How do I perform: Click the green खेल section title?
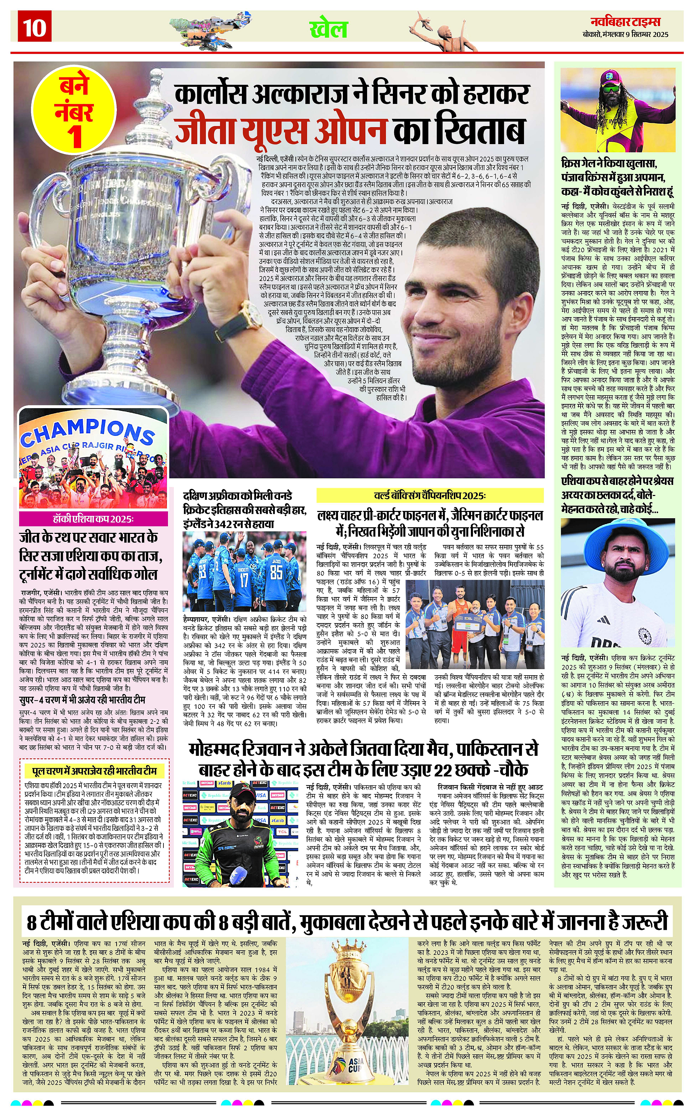[x=328, y=29]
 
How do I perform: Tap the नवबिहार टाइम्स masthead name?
[x=625, y=22]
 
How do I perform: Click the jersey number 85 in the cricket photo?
[x=276, y=572]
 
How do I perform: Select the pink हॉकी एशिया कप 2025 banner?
[x=93, y=519]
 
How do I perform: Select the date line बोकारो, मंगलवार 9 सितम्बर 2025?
[x=626, y=34]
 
